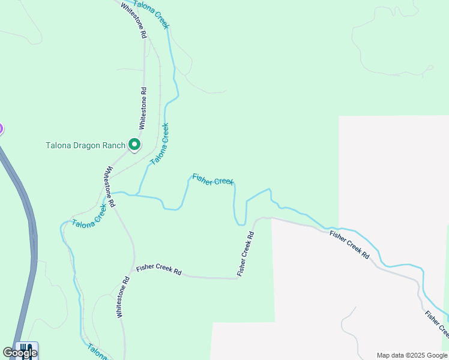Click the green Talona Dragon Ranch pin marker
[x=134, y=145]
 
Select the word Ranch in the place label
[x=114, y=145]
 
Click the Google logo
[x=20, y=353]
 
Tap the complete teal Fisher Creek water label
[x=212, y=179]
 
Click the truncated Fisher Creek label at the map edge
[x=436, y=324]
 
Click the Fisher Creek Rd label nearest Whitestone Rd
[x=158, y=270]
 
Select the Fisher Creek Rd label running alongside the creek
[x=349, y=244]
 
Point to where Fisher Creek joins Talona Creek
[x=138, y=195]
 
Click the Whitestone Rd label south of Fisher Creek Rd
[x=122, y=298]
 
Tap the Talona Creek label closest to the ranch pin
[x=159, y=144]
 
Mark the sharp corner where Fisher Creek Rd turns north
[x=238, y=278]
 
